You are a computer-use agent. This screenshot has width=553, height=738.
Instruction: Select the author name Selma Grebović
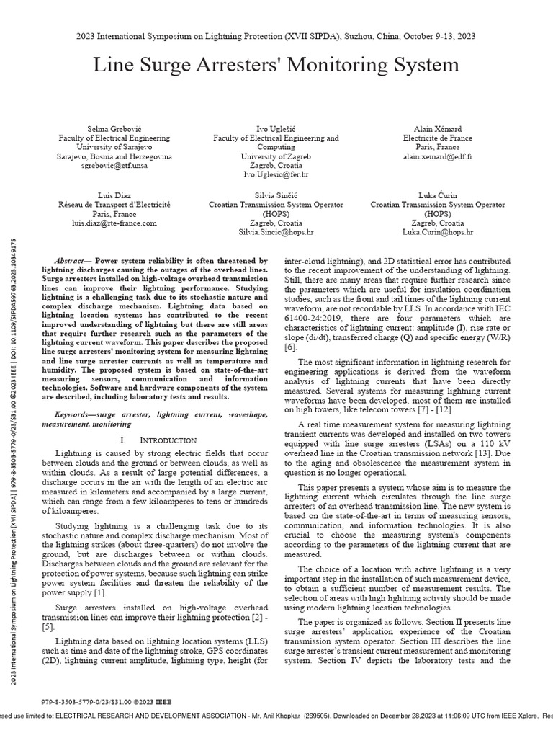[x=114, y=128]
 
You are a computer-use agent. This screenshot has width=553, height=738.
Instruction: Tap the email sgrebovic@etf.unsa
[x=114, y=165]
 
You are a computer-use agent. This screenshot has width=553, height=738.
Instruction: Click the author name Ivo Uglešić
[x=276, y=128]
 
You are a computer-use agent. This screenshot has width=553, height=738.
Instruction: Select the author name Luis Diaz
[x=114, y=195]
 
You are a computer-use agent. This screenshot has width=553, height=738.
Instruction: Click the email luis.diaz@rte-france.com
[x=114, y=223]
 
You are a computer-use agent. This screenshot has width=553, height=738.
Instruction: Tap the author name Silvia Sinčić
[x=276, y=195]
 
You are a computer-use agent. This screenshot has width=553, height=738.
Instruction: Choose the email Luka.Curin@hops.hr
[x=439, y=232]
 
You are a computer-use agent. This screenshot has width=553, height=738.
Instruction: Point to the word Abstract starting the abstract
[x=73, y=260]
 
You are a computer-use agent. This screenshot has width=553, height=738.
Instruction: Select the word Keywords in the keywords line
[x=76, y=416]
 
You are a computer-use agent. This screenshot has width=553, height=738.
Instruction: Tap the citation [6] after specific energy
[x=290, y=347]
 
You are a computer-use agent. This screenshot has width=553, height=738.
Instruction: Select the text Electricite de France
[x=439, y=137]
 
